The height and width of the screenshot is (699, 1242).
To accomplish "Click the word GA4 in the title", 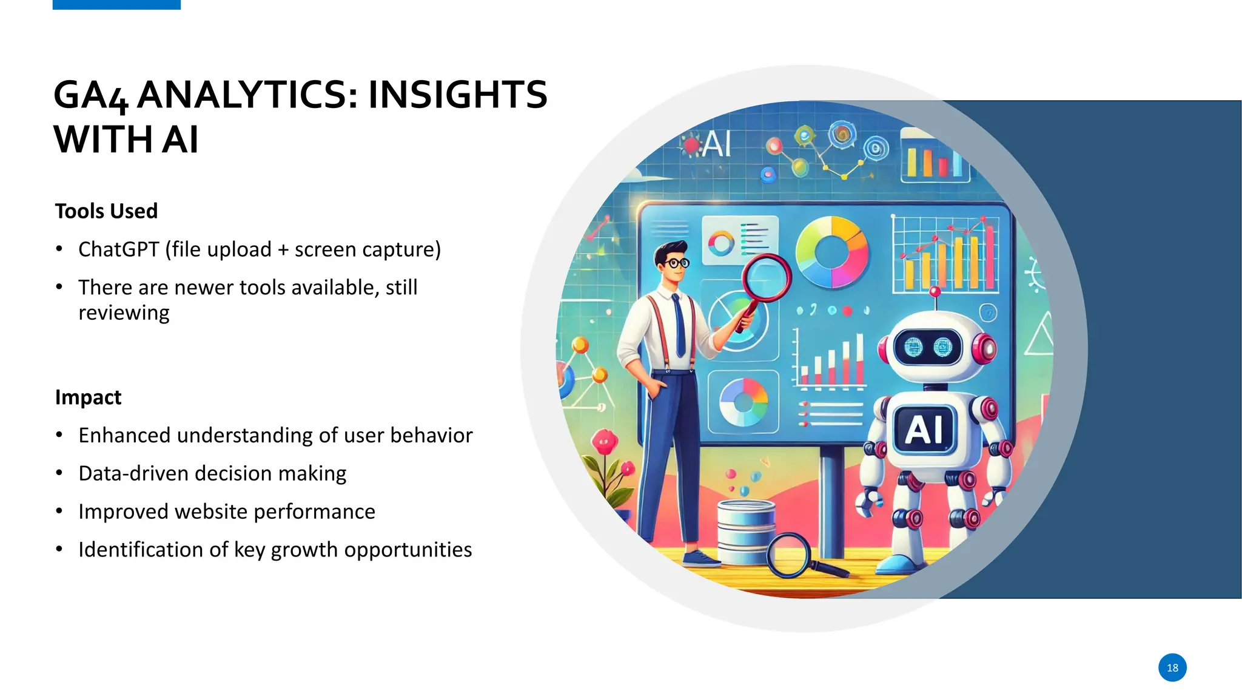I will pos(91,96).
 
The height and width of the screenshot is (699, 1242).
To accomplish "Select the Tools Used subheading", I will pos(106,211).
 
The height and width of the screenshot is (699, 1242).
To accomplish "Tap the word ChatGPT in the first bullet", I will pos(118,249).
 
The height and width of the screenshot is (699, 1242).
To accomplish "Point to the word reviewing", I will pos(124,313).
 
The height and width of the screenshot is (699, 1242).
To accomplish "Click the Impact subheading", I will pos(88,397).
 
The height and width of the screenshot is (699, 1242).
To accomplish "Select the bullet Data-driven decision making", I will pos(212,473).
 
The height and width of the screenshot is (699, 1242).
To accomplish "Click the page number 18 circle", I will pos(1172,667).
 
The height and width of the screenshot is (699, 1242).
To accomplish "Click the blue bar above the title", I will pos(116,4).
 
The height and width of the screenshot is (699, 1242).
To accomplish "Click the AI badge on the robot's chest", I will pos(924,430).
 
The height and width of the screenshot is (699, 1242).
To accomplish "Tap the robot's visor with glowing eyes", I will pos(928,348).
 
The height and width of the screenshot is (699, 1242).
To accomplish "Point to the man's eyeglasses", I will pos(675,263).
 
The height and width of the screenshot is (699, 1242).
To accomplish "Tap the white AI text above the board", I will pos(717,144).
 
